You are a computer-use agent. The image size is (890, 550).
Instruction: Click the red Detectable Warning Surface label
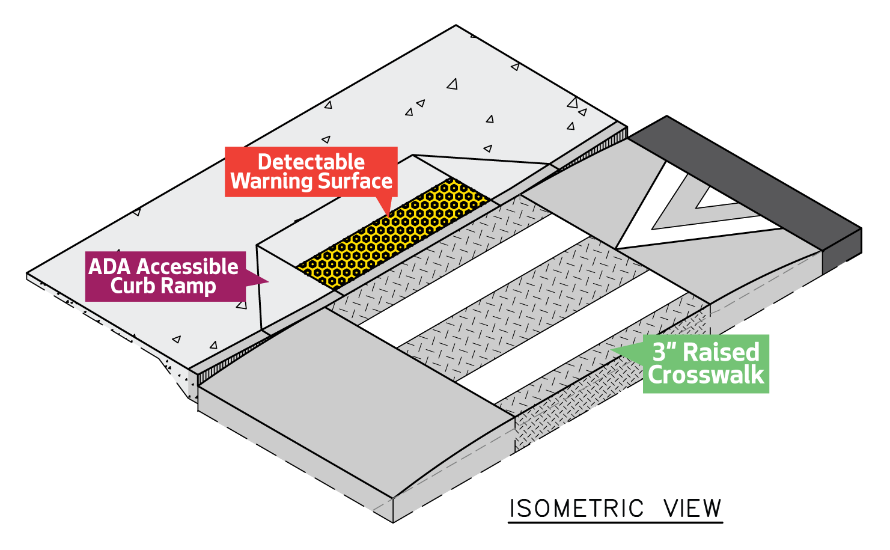tap(311, 171)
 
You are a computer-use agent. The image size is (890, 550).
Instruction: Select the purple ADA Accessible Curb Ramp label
tap(165, 276)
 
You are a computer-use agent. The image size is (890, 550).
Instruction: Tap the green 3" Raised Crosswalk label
tap(706, 364)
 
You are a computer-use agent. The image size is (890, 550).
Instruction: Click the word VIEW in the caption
tap(692, 509)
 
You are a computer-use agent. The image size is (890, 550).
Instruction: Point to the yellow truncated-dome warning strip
tap(394, 231)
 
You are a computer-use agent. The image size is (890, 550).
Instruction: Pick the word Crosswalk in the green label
tap(706, 376)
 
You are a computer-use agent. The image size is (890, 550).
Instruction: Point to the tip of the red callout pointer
tap(389, 215)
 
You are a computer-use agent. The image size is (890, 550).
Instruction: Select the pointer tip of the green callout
tap(612, 350)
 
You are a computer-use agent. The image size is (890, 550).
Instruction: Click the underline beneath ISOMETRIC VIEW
tap(615, 522)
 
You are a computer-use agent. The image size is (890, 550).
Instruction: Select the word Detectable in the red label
tap(311, 162)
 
